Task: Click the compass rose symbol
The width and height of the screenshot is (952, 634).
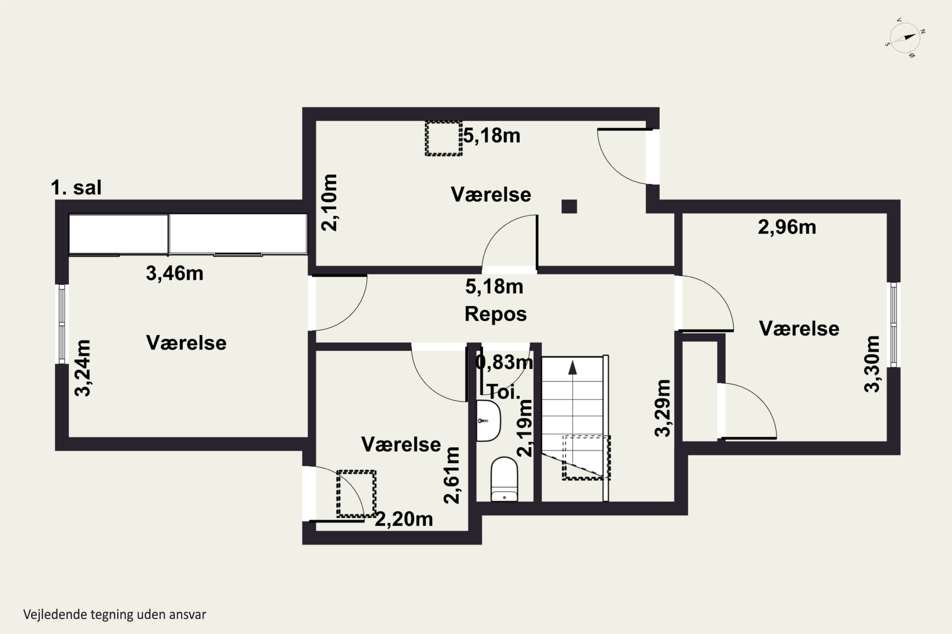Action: (905, 38)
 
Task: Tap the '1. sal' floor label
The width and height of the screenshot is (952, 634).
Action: (76, 188)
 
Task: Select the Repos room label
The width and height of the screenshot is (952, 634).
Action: (495, 314)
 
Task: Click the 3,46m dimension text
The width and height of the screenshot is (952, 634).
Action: (175, 273)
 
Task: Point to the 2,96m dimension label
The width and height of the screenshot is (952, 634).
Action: (787, 227)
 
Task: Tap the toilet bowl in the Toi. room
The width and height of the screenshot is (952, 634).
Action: (504, 479)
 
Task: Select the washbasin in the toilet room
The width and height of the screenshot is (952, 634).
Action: (488, 421)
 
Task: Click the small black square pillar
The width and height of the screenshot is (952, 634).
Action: (569, 207)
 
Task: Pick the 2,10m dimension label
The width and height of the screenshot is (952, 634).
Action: (329, 203)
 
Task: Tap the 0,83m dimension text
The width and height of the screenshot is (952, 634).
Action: (504, 362)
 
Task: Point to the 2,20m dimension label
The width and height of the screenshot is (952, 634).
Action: (404, 519)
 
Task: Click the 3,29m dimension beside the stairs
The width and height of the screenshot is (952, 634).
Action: (663, 408)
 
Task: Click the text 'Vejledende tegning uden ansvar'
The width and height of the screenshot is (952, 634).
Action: (115, 615)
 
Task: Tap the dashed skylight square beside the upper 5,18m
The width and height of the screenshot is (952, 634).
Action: (444, 138)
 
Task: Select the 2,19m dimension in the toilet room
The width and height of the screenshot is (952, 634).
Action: (525, 428)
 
